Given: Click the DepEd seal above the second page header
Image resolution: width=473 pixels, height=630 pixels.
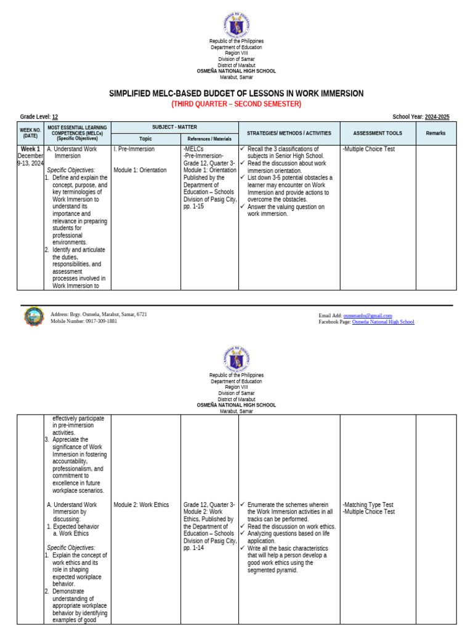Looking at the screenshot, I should (x=236, y=359).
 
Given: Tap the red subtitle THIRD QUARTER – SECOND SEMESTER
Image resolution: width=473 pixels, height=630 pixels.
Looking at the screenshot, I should (x=236, y=104).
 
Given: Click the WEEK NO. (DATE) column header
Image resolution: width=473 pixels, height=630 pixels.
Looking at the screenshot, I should (x=30, y=133).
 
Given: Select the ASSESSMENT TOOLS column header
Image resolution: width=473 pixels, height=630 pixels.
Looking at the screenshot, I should (x=378, y=133).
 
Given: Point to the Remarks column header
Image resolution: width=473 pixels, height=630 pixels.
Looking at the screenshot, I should (x=435, y=133).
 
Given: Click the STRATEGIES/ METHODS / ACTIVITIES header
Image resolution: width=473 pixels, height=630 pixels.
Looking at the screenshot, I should (x=289, y=133).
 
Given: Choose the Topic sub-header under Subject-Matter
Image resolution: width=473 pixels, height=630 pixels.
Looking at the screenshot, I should (x=145, y=139).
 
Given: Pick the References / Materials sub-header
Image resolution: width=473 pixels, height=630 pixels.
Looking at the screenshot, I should (x=209, y=139).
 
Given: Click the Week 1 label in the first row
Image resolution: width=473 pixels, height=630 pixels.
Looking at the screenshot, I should (x=30, y=149).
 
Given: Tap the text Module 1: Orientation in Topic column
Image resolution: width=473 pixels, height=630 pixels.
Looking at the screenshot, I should (x=140, y=170).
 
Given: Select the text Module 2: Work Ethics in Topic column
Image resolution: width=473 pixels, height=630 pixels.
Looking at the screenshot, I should (x=141, y=505).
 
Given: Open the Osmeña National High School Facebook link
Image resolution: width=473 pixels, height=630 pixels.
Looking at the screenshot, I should (x=383, y=322).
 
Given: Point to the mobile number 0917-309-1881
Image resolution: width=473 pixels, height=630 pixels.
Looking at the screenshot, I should (x=101, y=321).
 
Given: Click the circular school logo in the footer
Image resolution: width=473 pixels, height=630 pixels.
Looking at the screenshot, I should (x=34, y=317).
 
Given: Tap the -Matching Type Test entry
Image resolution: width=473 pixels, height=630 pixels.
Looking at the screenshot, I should (x=368, y=505).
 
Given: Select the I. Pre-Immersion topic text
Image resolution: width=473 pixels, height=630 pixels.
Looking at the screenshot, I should (x=134, y=149).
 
